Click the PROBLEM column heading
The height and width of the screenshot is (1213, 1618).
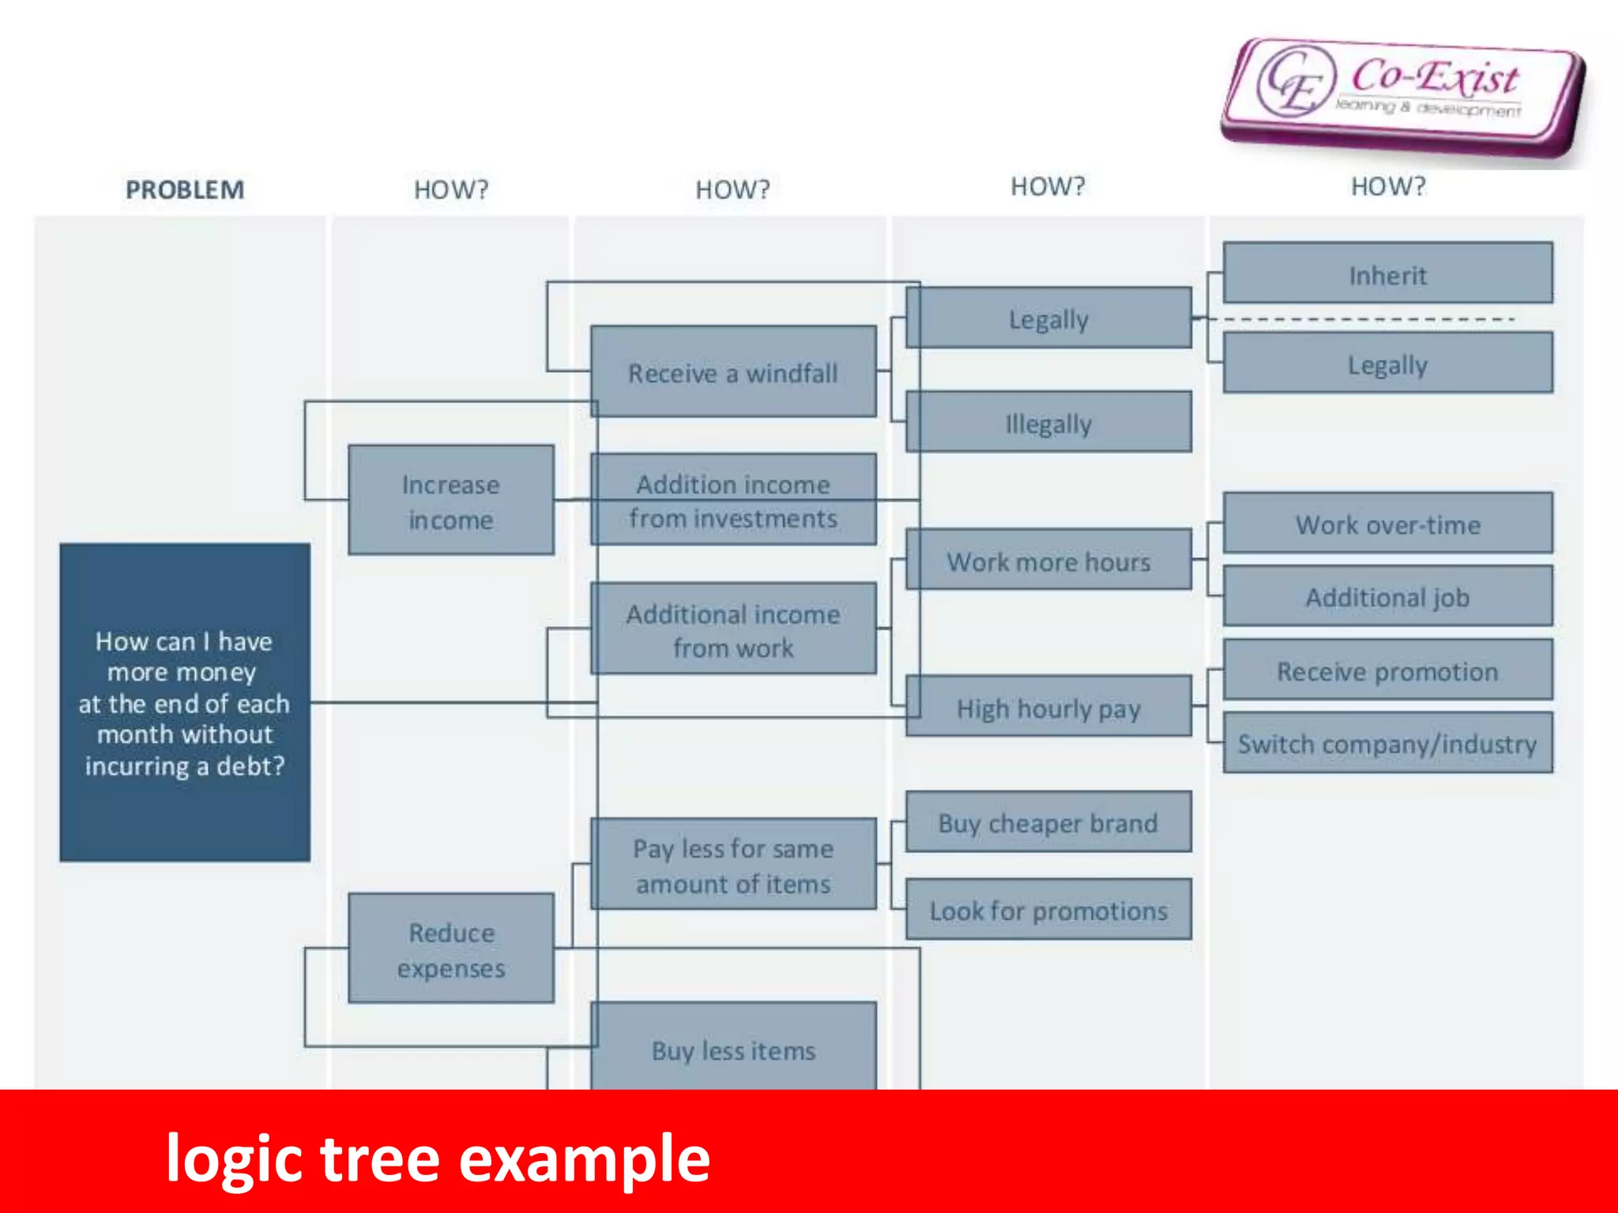[x=185, y=190]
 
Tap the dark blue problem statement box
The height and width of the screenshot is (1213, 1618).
[x=185, y=702]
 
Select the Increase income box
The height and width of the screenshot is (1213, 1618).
[x=450, y=500]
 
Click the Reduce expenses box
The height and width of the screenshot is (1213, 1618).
[x=450, y=948]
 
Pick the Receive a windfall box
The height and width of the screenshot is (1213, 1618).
[x=733, y=371]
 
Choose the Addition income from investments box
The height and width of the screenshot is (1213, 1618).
[x=733, y=499]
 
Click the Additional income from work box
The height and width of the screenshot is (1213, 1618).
[x=733, y=629]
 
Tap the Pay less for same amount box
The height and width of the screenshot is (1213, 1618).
[x=733, y=864]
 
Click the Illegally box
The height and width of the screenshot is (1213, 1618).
[x=1048, y=422]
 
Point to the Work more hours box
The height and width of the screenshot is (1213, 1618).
[x=1048, y=560]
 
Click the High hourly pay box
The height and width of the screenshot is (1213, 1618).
[x=1048, y=707]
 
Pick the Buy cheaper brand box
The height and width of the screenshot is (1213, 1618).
[x=1048, y=821]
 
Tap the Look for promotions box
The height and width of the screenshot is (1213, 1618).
[x=1048, y=909]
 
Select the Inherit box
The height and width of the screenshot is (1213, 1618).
[x=1387, y=273]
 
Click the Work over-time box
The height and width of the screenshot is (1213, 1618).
[x=1387, y=523]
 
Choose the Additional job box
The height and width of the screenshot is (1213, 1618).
[x=1387, y=596]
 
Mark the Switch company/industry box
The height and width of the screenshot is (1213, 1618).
[x=1387, y=742]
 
